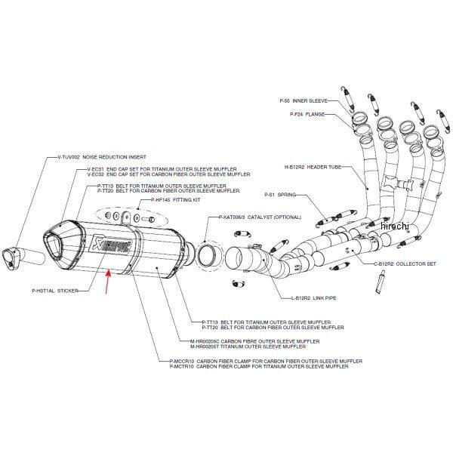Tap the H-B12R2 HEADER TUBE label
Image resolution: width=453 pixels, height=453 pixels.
coord(315,166)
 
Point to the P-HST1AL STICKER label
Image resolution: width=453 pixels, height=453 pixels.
coord(56,289)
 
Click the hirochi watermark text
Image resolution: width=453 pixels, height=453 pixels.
coord(393,226)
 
